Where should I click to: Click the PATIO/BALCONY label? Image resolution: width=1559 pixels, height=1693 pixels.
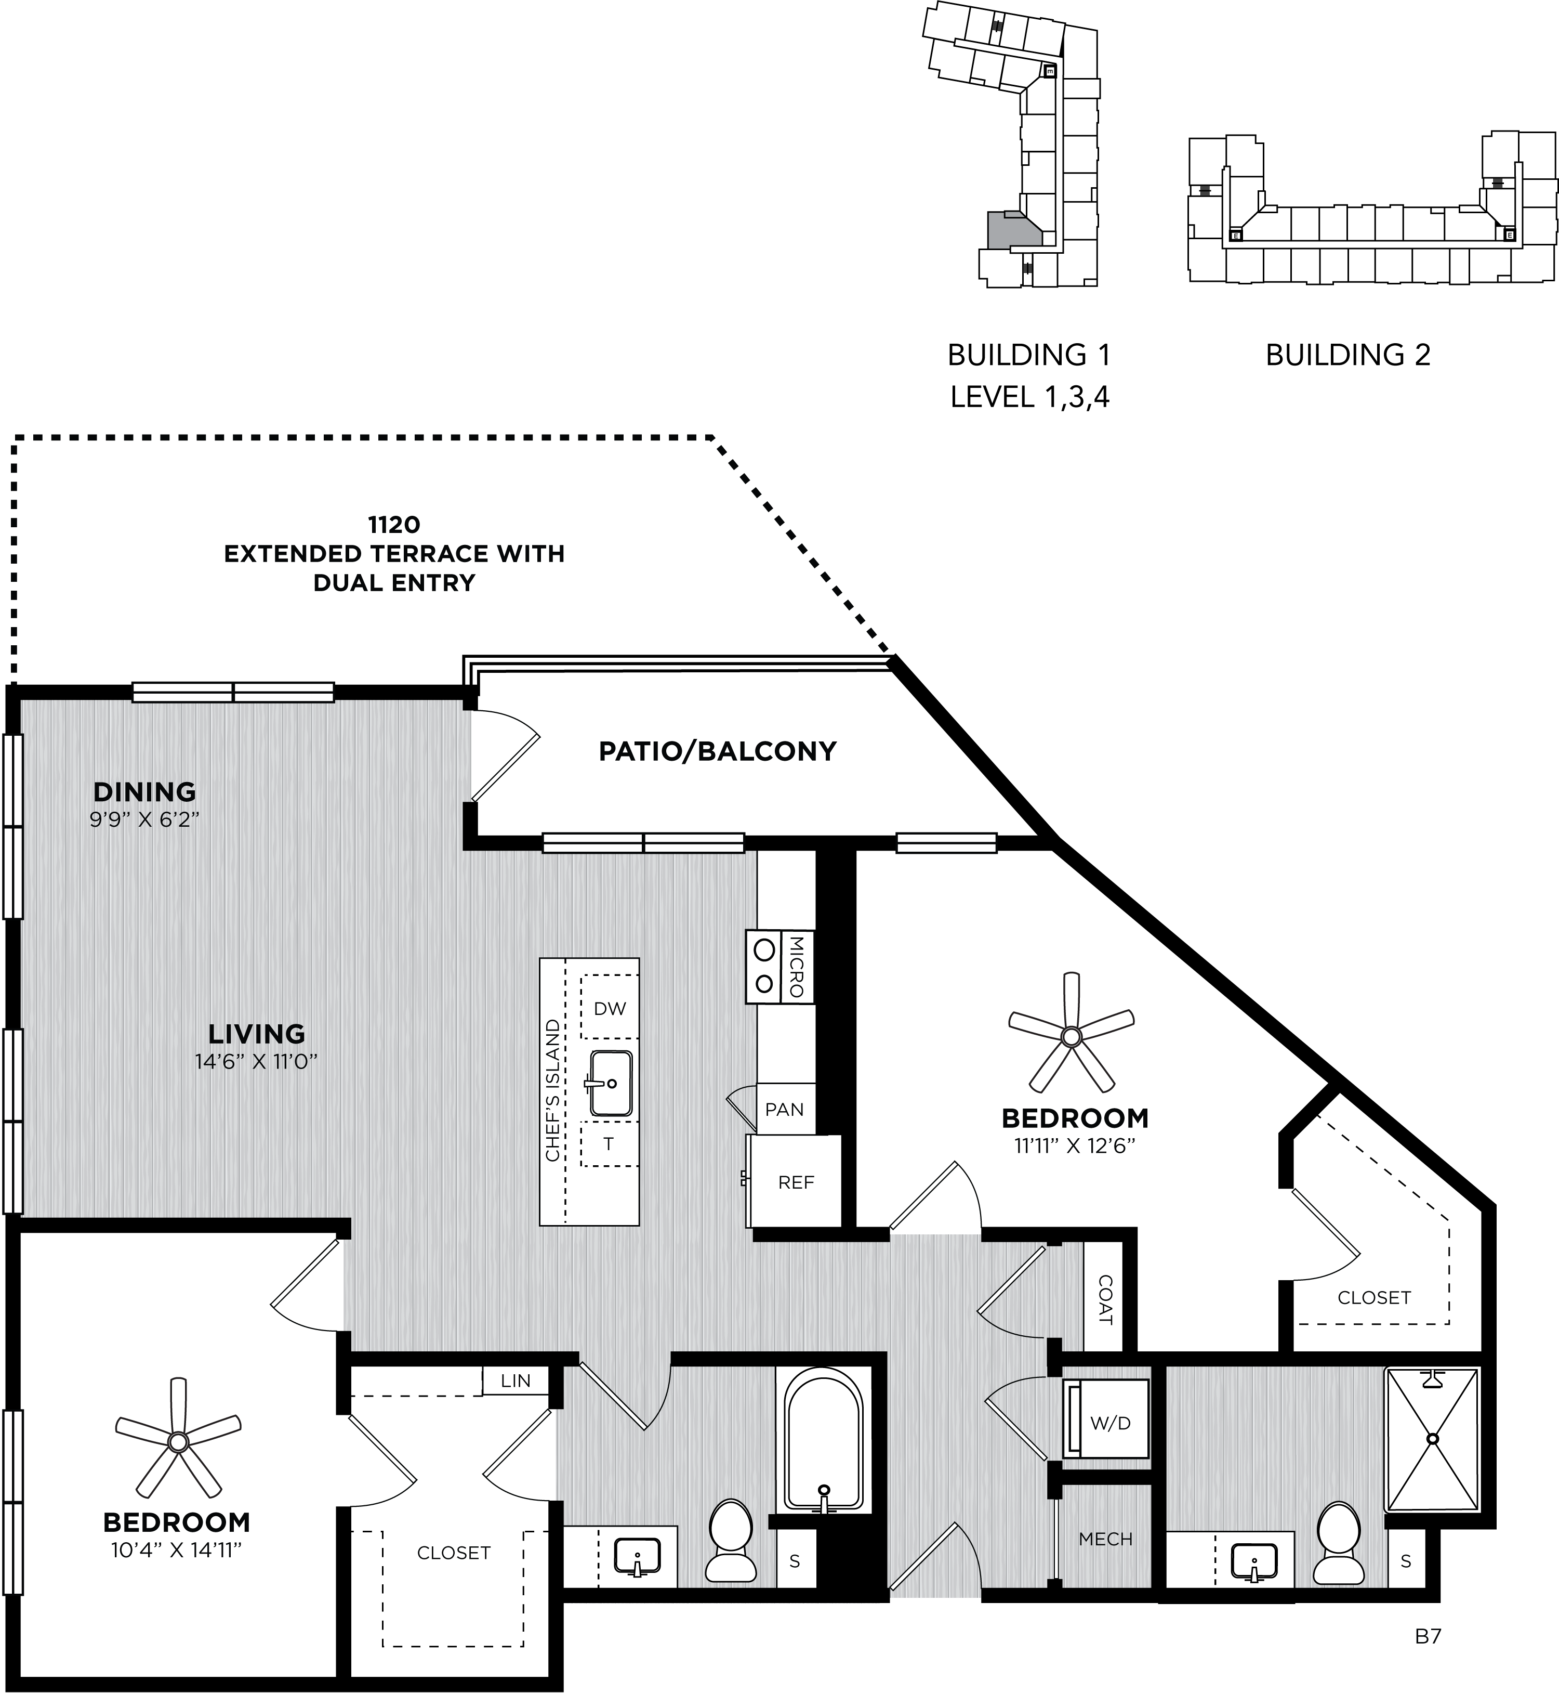(717, 751)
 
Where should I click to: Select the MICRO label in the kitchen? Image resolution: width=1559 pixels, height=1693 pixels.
(797, 966)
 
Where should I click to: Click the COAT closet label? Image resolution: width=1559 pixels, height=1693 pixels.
(1105, 1300)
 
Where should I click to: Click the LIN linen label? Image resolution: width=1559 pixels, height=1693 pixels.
(516, 1380)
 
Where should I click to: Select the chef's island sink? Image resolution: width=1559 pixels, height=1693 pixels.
(610, 1083)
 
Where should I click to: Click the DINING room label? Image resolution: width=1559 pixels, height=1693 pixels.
(144, 791)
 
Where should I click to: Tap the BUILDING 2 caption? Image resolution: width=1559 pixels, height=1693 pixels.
(1348, 355)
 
